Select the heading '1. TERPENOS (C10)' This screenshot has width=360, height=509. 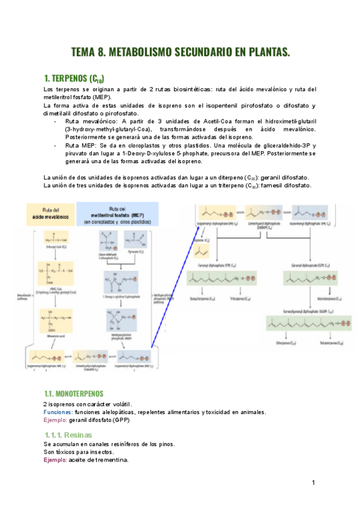point(74,79)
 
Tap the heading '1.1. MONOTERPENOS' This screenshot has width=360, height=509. point(73,394)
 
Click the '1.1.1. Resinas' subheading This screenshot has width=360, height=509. point(69,435)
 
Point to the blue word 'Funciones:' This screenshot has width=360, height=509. point(59,412)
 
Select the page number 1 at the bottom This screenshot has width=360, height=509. point(313,482)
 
